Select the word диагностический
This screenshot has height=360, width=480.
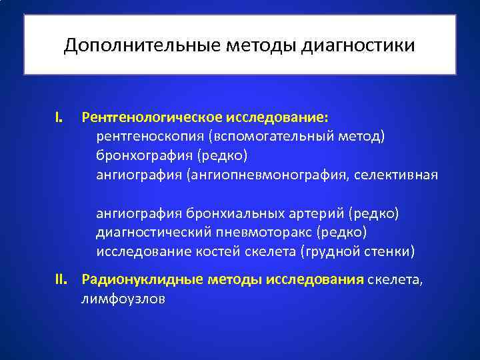click(x=154, y=232)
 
